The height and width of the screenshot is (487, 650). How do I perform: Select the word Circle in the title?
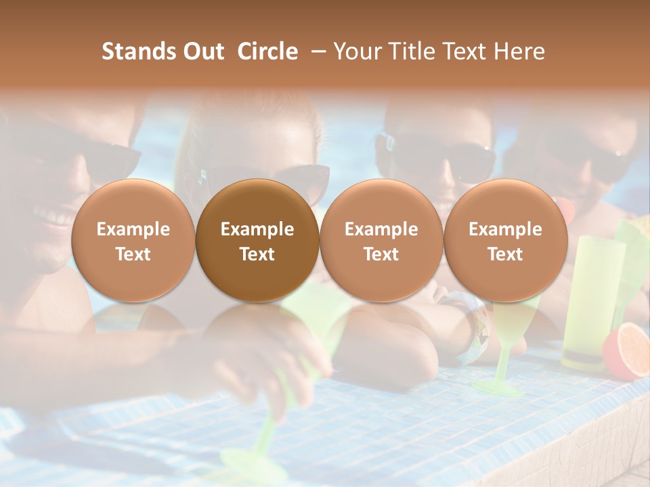point(267,51)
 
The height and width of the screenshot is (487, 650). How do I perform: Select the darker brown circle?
point(257,240)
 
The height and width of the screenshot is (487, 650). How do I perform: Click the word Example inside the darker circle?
point(257,229)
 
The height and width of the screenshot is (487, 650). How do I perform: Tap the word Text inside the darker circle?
point(257,254)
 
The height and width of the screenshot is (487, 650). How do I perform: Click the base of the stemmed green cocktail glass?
point(498,387)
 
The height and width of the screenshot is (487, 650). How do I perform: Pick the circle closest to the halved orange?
point(505,240)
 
